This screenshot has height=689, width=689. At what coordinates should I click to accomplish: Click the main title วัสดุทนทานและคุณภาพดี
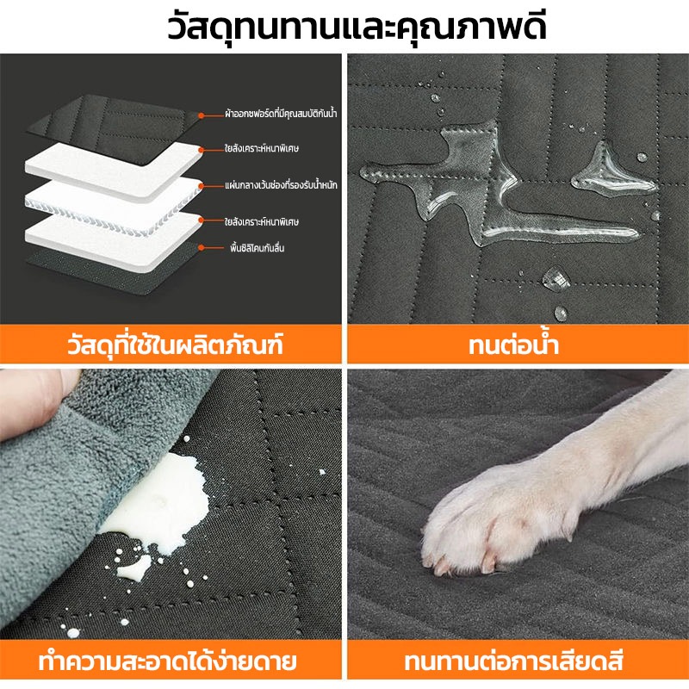click(357, 28)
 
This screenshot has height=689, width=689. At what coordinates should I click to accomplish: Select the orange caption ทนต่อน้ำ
click(513, 344)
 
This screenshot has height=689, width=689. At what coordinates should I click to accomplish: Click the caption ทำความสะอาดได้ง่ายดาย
click(167, 661)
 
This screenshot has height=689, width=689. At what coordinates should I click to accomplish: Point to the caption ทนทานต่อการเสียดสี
click(513, 661)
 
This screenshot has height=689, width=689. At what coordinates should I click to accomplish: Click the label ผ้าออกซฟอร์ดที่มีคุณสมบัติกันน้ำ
click(281, 114)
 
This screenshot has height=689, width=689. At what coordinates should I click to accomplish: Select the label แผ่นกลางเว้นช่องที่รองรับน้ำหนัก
click(281, 185)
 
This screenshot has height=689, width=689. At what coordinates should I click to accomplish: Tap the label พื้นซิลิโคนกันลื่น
click(257, 248)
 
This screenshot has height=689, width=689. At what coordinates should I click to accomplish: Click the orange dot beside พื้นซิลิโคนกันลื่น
click(201, 248)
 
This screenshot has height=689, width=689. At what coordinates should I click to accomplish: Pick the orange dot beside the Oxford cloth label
click(201, 115)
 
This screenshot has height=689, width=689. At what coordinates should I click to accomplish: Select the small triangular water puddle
click(611, 171)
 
